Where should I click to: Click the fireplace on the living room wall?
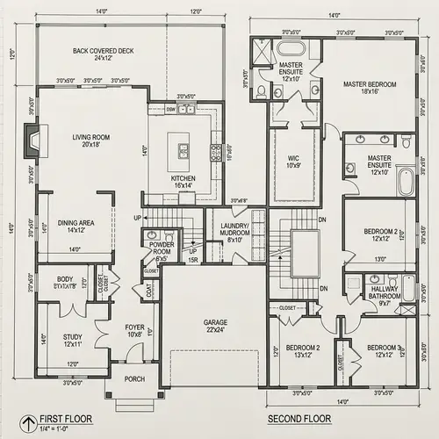click(x=33, y=139)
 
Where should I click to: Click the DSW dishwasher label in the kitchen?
click(x=170, y=110)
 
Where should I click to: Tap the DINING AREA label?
click(x=76, y=226)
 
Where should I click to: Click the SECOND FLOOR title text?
click(x=301, y=418)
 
